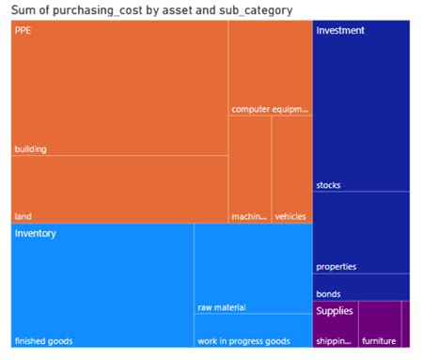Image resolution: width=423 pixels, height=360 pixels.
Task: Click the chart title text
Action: coord(151,9)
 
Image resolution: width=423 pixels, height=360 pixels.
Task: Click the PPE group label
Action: coord(23,30)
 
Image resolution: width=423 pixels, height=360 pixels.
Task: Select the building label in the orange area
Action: coord(31,149)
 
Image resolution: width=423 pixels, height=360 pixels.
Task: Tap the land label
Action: coord(23,215)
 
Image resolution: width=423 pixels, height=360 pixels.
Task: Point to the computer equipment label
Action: coord(270,109)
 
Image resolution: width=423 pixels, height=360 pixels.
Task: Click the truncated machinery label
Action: coord(248,216)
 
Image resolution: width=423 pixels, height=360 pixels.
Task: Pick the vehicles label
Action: coord(290,216)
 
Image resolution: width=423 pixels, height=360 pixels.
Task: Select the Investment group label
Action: coord(340,30)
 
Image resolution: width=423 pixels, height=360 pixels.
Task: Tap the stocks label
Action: coord(329,184)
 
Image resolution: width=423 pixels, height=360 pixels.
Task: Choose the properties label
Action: coord(337,266)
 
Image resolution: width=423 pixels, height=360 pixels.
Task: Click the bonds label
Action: coord(329,294)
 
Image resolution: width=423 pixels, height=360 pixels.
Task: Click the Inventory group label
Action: coord(36,233)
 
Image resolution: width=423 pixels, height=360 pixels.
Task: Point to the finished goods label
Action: coord(44,340)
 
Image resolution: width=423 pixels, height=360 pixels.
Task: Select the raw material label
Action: coord(222,307)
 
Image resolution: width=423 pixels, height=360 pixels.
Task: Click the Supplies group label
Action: coord(335,310)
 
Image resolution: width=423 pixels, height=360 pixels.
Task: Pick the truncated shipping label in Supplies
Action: coord(333,340)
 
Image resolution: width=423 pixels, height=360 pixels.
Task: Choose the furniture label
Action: coord(380,340)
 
